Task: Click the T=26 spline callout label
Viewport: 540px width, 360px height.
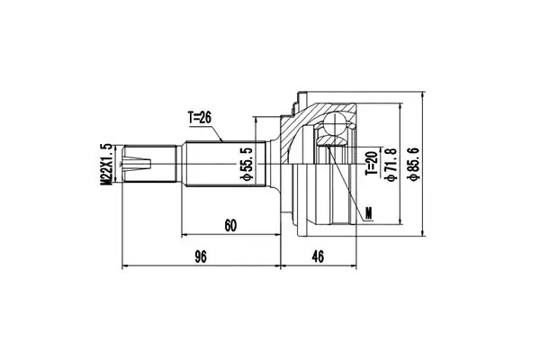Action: [x=200, y=118]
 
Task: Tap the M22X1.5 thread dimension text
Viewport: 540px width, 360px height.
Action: [x=106, y=165]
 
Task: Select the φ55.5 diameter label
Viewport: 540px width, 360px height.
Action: [x=247, y=164]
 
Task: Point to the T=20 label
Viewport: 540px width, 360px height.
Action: [x=372, y=163]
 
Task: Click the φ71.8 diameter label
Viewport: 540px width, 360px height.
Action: [x=391, y=164]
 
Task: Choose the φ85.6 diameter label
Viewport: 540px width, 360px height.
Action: [x=413, y=164]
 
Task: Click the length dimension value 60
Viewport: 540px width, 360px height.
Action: [x=230, y=226]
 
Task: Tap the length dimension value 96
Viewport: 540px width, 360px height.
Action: [x=201, y=256]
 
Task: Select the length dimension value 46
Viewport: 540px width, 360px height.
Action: [x=318, y=256]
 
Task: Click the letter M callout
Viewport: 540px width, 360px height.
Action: [x=369, y=213]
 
